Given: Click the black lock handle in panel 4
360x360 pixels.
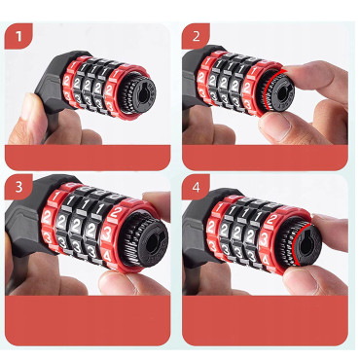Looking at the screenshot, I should tap(195, 234).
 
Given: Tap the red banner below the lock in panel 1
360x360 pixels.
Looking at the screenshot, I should tap(88, 156).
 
